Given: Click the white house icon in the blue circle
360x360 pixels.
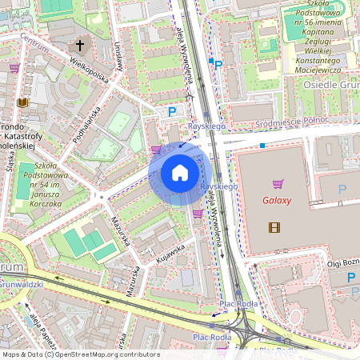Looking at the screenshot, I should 180,174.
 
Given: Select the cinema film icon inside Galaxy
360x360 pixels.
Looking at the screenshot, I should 275,228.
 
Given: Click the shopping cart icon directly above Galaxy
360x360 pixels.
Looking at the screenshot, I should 278,183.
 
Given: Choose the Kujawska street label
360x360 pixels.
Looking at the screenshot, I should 170,254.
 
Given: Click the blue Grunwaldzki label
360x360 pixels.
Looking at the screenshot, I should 23,282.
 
